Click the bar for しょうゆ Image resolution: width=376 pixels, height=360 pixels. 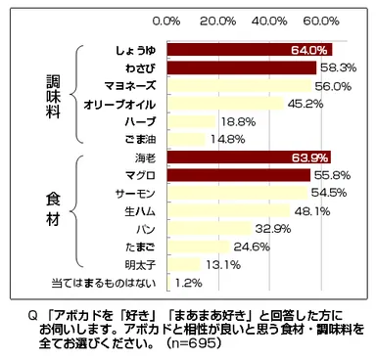tap(250, 50)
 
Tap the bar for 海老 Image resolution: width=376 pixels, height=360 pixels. tap(249, 157)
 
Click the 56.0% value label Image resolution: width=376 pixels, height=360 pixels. tap(331, 85)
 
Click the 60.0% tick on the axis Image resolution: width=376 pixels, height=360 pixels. tap(322, 20)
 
